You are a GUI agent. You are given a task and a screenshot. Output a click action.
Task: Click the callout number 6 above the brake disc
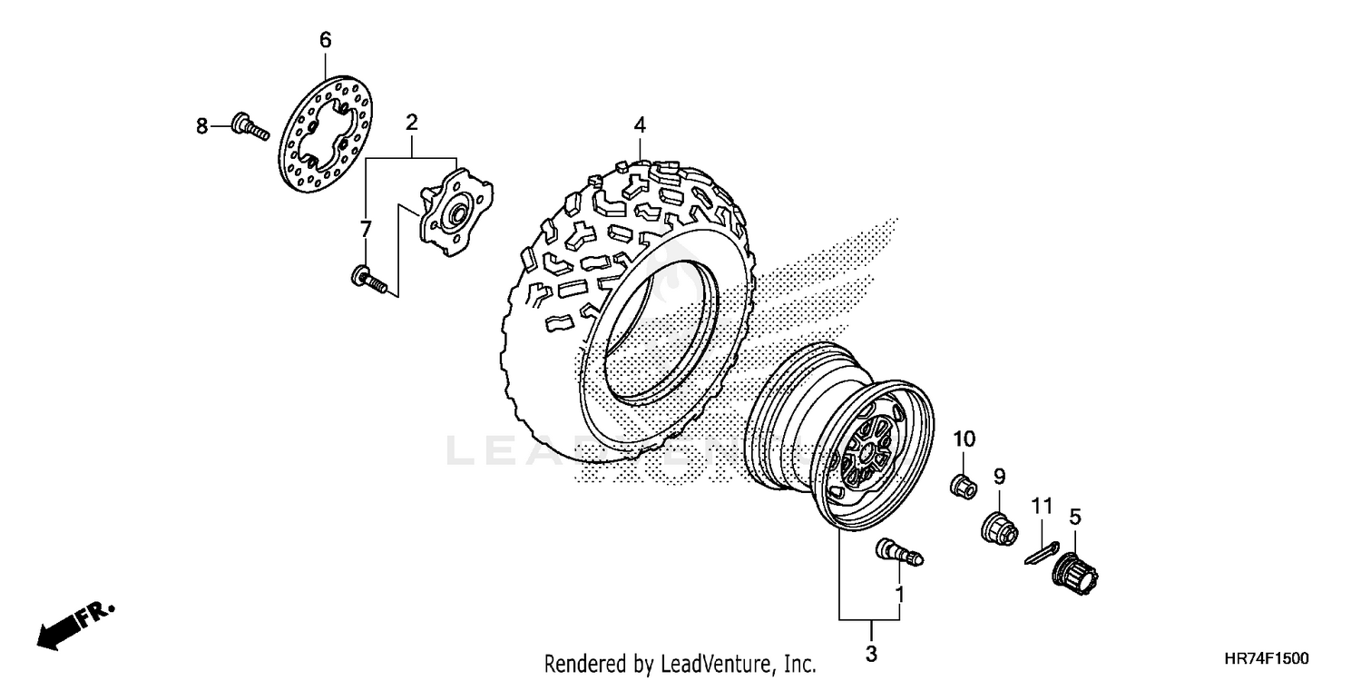pyautogui.click(x=325, y=39)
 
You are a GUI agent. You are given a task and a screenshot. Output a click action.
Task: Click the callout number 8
pyautogui.click(x=202, y=124)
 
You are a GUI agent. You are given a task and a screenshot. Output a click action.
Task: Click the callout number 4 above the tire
pyautogui.click(x=640, y=124)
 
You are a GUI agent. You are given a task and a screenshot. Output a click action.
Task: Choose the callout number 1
pyautogui.click(x=899, y=595)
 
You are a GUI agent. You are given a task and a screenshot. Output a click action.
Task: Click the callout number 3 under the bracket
pyautogui.click(x=871, y=654)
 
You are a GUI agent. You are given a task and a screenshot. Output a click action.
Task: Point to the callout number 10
pyautogui.click(x=963, y=439)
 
